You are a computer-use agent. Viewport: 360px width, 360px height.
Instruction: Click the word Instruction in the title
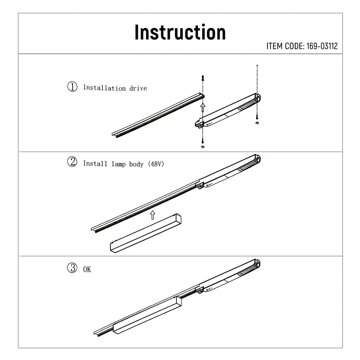(180, 32)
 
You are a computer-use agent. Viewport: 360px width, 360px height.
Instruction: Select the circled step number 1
(72, 87)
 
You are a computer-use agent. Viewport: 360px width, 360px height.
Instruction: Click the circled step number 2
(72, 162)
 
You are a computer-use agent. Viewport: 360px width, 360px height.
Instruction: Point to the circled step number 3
(72, 268)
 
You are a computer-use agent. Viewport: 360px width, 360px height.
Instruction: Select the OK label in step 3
(87, 270)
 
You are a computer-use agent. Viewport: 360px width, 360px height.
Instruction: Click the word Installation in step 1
(104, 88)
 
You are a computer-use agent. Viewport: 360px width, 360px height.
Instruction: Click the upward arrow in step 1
(203, 107)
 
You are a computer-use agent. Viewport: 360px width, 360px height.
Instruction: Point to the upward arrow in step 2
(152, 215)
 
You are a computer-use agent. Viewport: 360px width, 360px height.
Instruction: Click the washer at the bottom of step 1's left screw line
(203, 147)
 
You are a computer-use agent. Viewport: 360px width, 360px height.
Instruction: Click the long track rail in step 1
(158, 114)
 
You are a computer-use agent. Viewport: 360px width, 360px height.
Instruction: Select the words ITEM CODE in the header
(285, 46)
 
